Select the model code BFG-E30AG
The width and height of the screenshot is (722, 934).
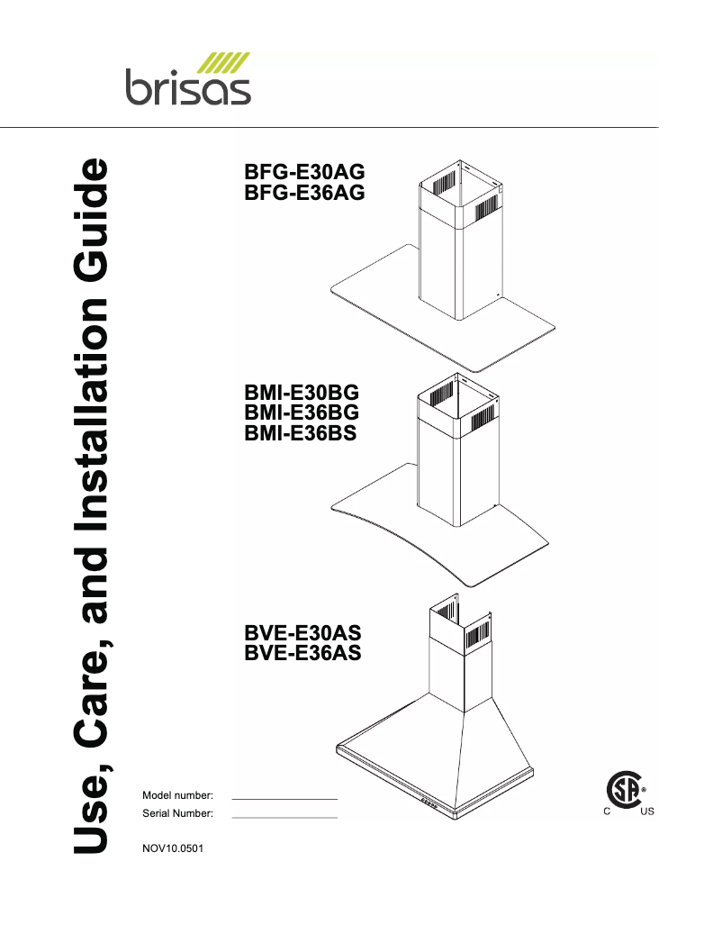pyautogui.click(x=304, y=173)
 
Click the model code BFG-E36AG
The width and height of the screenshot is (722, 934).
pyautogui.click(x=304, y=192)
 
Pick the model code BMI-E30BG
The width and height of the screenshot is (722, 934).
pyautogui.click(x=302, y=394)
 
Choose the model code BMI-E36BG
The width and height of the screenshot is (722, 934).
pyautogui.click(x=302, y=413)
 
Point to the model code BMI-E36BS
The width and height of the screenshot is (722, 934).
pyautogui.click(x=301, y=432)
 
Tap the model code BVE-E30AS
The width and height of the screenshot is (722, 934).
pyautogui.click(x=302, y=633)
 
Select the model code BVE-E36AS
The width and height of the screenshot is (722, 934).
pyautogui.click(x=302, y=653)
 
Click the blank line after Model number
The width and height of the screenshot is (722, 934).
pyautogui.click(x=284, y=798)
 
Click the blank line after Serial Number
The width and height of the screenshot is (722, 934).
pyautogui.click(x=284, y=816)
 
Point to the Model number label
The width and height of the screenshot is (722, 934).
pyautogui.click(x=177, y=795)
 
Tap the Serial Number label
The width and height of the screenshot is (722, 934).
pyautogui.click(x=177, y=813)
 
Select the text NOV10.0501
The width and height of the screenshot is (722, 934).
pyautogui.click(x=173, y=848)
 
